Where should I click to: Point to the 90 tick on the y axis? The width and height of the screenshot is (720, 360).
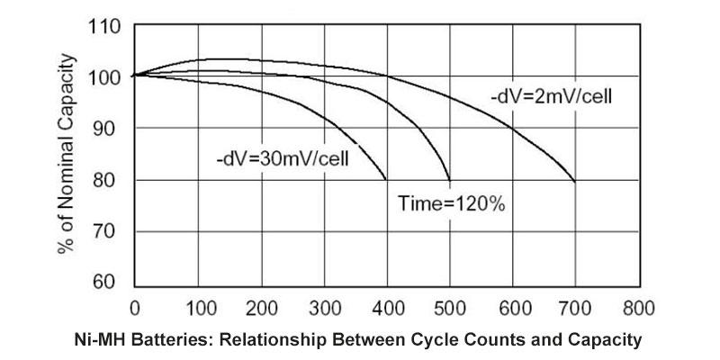107,129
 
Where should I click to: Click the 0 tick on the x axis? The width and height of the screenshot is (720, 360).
134,307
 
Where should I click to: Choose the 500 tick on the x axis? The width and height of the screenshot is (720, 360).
449,307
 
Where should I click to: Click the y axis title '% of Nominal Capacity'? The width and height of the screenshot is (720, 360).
69,156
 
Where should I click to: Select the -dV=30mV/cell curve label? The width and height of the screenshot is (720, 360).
282,158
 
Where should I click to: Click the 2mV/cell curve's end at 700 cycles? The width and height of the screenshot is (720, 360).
575,181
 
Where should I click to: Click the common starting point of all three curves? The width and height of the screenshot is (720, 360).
134,76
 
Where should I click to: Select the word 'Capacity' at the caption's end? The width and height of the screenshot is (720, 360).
602,341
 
